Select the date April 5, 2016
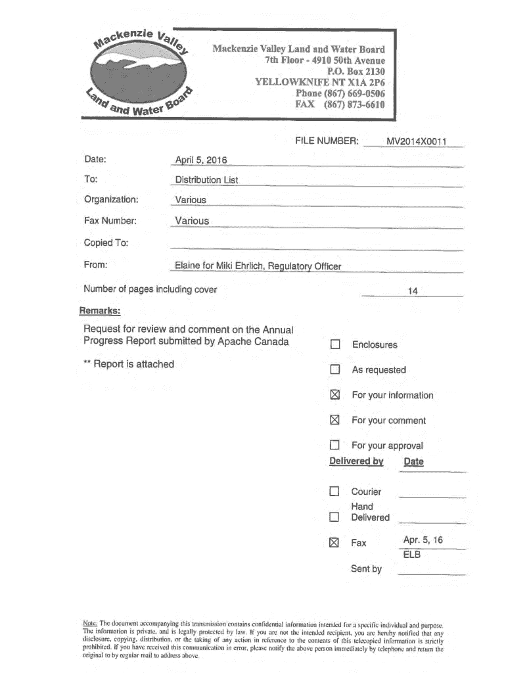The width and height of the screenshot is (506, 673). tap(200, 160)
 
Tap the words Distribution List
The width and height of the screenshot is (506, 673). tap(206, 179)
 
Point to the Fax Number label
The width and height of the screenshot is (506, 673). tap(110, 221)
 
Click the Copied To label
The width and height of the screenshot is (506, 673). tap(106, 243)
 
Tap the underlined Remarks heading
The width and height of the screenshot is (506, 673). tap(100, 310)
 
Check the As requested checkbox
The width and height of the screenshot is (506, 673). tap(335, 370)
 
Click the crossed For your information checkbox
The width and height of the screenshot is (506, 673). tap(335, 395)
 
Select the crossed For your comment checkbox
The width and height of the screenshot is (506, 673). tap(335, 421)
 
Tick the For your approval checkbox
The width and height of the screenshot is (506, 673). tap(335, 446)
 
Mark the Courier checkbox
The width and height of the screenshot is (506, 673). tap(334, 492)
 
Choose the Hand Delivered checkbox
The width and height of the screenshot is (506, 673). tap(334, 517)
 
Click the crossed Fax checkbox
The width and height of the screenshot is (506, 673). tap(334, 543)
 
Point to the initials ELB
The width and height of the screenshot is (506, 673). tap(412, 555)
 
